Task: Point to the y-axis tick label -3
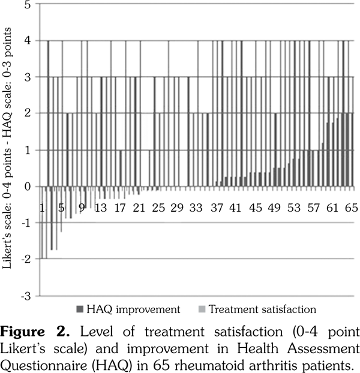[x=26, y=296]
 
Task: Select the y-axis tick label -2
[x=26, y=259]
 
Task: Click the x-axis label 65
[x=351, y=207]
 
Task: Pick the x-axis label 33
[x=196, y=207]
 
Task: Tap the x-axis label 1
[x=43, y=207]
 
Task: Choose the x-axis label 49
[x=274, y=207]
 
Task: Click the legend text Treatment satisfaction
[x=262, y=309]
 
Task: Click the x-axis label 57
[x=313, y=207]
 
